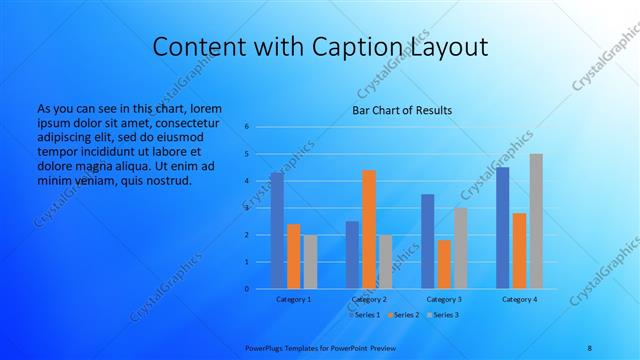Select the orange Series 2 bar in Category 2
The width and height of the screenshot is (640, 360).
pyautogui.click(x=369, y=229)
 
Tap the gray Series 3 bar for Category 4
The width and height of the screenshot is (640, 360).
pyautogui.click(x=536, y=221)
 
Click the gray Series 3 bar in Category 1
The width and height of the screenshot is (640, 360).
pyautogui.click(x=310, y=262)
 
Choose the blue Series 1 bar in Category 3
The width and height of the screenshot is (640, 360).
pyautogui.click(x=428, y=241)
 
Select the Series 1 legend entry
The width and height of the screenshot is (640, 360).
pyautogui.click(x=365, y=315)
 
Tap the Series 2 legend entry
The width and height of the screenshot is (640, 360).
pyautogui.click(x=404, y=315)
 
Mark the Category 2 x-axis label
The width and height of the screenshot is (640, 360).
pyautogui.click(x=369, y=299)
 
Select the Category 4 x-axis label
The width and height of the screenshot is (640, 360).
pyautogui.click(x=519, y=299)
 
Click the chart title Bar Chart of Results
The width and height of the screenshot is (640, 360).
pyautogui.click(x=402, y=110)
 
